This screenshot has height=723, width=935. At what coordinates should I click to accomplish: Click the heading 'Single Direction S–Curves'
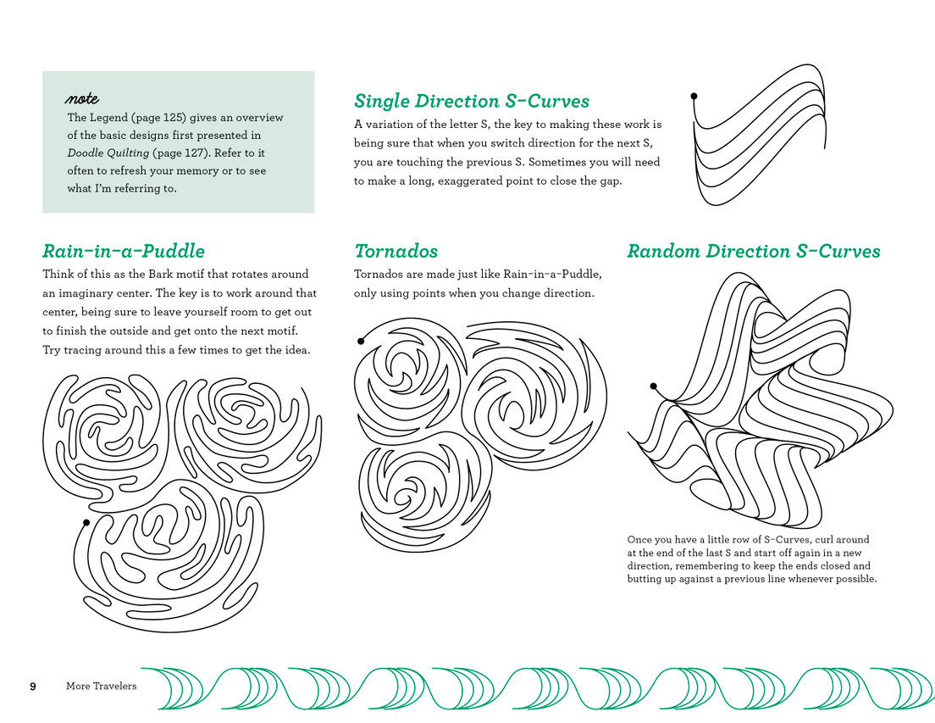[x=471, y=101]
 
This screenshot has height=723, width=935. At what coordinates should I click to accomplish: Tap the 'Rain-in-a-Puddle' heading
[x=124, y=251]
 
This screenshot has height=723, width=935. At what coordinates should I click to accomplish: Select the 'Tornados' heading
[x=396, y=251]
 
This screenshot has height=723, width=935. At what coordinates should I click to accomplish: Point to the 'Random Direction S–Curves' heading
[x=753, y=251]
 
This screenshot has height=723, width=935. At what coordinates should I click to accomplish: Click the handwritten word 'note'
[x=82, y=99]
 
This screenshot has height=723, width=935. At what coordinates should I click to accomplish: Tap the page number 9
[x=33, y=686]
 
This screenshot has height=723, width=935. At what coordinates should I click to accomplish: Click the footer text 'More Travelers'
[x=101, y=686]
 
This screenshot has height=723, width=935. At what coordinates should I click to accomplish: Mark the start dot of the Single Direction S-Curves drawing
[x=694, y=97]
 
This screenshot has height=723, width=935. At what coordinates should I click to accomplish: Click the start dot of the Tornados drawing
[x=361, y=341]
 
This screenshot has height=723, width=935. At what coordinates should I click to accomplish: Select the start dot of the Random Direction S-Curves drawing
[x=653, y=387]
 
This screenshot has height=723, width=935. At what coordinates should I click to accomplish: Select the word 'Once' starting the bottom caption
[x=640, y=540]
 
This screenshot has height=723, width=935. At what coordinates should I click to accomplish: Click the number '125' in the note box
[x=191, y=118]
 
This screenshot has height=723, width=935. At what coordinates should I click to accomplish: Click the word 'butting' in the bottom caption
[x=645, y=579]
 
